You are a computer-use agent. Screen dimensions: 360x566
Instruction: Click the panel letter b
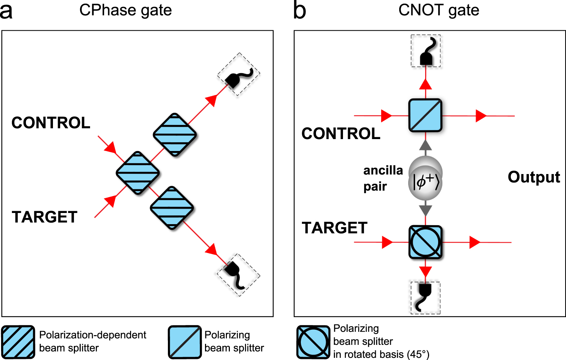(x=299, y=10)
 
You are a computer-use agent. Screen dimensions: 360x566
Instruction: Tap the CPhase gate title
(x=125, y=10)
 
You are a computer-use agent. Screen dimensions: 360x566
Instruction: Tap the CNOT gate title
(x=438, y=10)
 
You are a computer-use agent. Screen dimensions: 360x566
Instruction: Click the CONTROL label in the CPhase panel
(x=51, y=123)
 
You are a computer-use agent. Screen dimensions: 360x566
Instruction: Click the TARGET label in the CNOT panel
(x=334, y=228)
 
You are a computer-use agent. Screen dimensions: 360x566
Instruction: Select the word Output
(x=534, y=177)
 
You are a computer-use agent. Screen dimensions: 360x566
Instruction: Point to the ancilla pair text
(x=383, y=178)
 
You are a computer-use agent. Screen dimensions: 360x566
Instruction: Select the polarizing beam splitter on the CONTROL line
(x=425, y=115)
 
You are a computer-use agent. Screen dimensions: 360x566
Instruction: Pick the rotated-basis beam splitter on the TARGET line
(x=425, y=242)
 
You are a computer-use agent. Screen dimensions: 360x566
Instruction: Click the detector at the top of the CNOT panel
(x=426, y=51)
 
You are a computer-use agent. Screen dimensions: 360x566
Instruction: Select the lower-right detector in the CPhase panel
(x=238, y=275)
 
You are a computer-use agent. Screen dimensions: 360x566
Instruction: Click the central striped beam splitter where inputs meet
(x=138, y=173)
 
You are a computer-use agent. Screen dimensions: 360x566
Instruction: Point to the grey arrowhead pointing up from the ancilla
(x=425, y=145)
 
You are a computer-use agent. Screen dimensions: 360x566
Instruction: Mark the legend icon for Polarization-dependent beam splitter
(x=18, y=342)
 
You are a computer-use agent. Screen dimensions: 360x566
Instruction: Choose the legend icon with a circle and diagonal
(x=313, y=342)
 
